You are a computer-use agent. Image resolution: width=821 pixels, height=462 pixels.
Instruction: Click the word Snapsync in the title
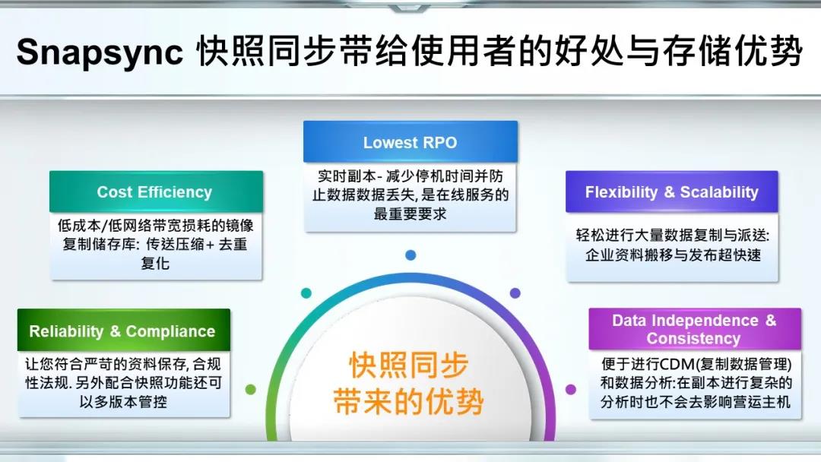coord(100,52)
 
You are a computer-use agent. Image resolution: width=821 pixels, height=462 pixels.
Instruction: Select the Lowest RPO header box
coord(410,142)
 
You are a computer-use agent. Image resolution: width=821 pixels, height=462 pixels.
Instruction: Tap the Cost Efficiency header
coord(156,191)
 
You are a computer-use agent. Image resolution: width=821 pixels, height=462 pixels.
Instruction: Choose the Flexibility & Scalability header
coord(672,191)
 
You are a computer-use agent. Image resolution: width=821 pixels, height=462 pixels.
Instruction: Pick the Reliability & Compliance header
coord(124,330)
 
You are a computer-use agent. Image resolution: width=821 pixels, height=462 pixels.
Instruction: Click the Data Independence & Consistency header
coord(695,328)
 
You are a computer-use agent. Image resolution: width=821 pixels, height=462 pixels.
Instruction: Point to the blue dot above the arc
coord(410,255)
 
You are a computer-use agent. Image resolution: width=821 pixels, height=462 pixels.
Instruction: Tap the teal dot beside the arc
coord(306,293)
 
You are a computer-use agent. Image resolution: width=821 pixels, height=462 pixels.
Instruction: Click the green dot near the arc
coord(251,389)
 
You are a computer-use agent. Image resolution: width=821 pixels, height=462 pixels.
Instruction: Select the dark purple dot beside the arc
coord(515,293)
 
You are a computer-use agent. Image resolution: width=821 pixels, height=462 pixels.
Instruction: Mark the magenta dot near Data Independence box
coord(571,389)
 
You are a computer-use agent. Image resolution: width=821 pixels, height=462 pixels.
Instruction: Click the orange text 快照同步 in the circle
coord(409,365)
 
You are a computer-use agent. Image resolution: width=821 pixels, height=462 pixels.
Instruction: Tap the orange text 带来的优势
coord(409,402)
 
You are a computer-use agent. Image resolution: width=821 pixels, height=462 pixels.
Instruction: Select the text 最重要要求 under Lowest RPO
coord(410,214)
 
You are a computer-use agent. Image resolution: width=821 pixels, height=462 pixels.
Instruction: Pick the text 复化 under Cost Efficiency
coord(155,263)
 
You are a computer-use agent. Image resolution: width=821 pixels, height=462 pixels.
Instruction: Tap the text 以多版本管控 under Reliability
coord(124,401)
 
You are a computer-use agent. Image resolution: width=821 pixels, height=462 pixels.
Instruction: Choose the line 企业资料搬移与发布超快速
coord(673,255)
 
